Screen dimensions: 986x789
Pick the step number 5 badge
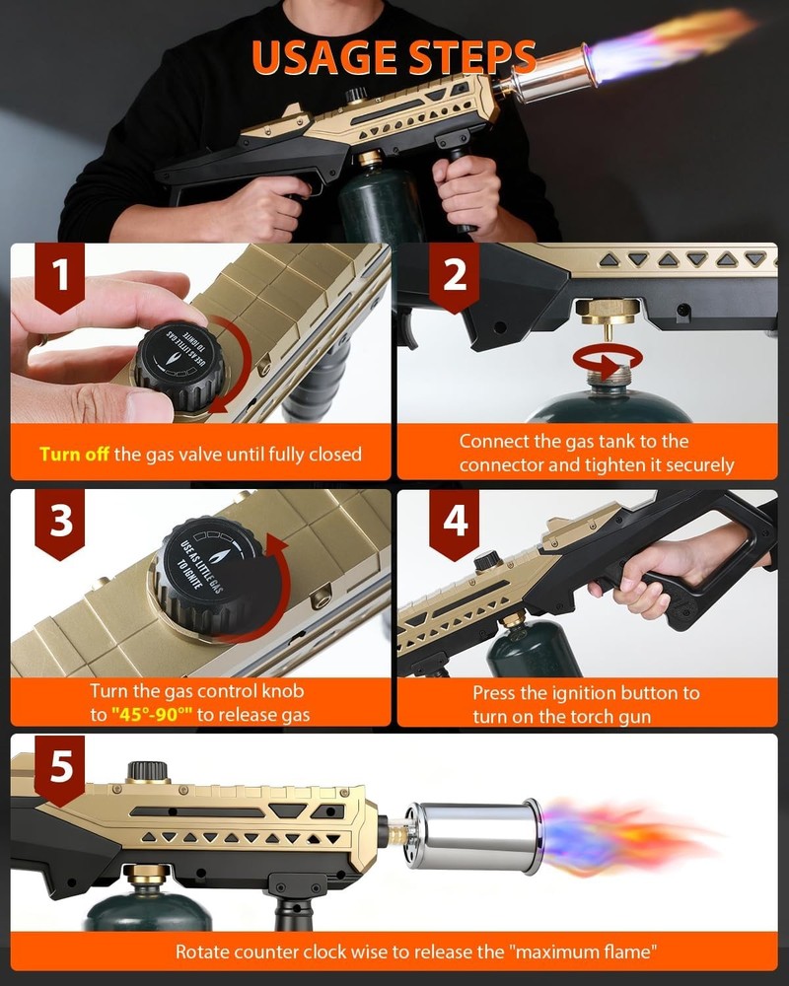[x=62, y=766]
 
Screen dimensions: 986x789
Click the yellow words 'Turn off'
[x=75, y=455]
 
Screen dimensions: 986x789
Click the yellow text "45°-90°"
[x=151, y=715]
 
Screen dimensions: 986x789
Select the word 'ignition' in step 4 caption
[x=600, y=692]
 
